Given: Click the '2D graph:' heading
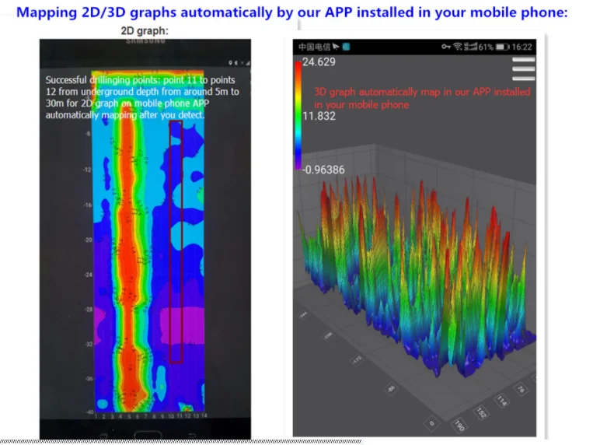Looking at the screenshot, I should (145, 31).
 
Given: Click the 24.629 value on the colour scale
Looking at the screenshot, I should (319, 62).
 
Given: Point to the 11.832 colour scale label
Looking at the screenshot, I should (319, 116).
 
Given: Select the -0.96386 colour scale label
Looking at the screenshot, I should (324, 170).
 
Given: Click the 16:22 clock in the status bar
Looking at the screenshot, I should (522, 47).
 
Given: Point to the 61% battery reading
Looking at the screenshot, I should (486, 47).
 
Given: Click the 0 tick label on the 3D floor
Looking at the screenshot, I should (431, 422).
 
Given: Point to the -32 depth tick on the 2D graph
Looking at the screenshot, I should (88, 343).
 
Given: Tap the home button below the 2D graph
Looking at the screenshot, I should (145, 433).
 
